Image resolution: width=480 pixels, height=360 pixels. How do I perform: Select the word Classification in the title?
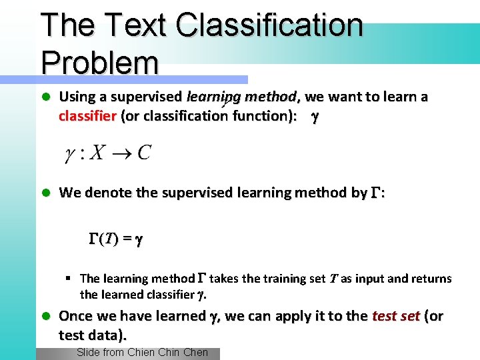tap(270, 25)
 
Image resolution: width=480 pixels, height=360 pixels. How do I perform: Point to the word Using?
tap(77, 97)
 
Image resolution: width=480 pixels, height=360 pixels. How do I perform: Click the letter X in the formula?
tap(97, 153)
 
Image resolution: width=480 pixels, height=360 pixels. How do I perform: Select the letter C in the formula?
tap(143, 153)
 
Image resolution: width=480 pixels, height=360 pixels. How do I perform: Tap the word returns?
tap(432, 279)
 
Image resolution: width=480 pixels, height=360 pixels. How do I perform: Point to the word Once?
tap(75, 316)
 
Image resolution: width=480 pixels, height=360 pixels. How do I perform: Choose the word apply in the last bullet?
tap(277, 317)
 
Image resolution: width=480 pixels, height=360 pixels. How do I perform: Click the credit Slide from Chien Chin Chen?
tap(142, 353)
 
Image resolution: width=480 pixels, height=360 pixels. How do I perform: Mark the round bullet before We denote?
tap(46, 193)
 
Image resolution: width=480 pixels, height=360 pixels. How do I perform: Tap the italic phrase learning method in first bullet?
tap(242, 97)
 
